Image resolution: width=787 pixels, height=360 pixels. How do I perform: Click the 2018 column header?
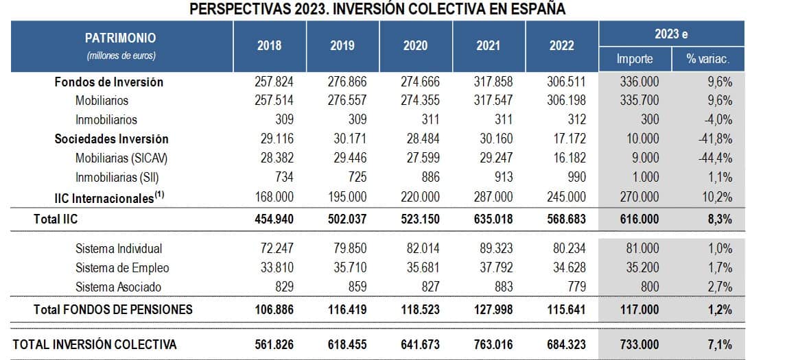tap(270, 46)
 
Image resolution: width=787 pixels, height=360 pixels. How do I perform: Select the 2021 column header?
tap(488, 46)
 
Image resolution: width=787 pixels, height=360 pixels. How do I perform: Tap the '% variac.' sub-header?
tap(707, 59)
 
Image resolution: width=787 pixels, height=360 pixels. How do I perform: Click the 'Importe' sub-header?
tap(635, 59)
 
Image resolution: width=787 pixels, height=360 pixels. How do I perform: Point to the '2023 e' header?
tap(671, 34)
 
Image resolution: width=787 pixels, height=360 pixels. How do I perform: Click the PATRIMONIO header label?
tap(120, 38)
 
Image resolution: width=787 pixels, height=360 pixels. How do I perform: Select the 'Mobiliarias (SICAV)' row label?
tap(121, 158)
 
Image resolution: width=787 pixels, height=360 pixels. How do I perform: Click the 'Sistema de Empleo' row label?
tap(122, 267)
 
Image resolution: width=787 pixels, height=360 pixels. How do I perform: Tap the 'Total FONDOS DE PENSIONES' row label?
tap(113, 309)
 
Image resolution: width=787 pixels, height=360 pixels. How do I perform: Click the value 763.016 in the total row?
tap(492, 344)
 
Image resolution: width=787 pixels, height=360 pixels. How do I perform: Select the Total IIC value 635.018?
tap(492, 219)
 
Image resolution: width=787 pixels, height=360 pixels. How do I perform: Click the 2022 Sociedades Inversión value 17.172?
tap(567, 139)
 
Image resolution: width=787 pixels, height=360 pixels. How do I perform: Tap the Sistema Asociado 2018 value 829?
tap(282, 287)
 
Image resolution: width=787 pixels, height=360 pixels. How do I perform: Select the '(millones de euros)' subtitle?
tap(120, 54)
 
